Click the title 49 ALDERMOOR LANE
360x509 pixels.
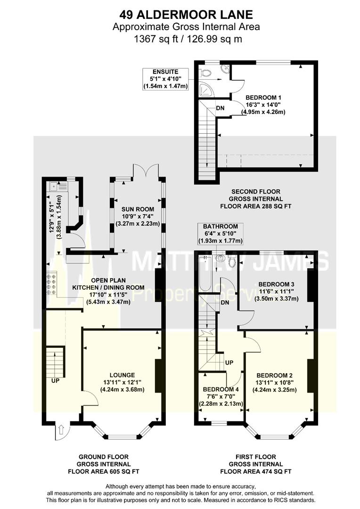coord(186,15)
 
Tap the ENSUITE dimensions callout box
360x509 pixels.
coord(165,79)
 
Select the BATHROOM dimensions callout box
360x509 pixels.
coord(221,234)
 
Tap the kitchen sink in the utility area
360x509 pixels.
coord(58,186)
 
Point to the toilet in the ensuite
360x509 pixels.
coord(205,73)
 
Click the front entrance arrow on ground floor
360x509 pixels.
coord(61,430)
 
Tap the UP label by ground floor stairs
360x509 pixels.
coord(55,380)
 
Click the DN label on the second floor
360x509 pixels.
coord(220,108)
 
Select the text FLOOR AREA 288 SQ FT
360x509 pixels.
coord(256,206)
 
